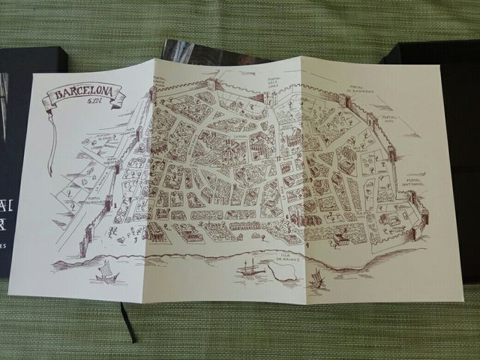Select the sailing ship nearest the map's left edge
(x=105, y=271)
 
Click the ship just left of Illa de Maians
(x=248, y=268)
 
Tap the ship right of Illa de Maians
(x=316, y=279)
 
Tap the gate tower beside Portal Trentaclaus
(x=112, y=201)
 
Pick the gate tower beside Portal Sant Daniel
(x=411, y=199)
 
